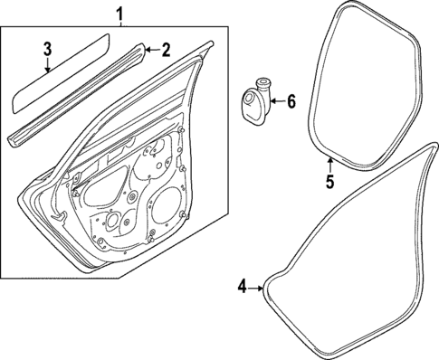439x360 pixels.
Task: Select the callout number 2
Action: click(x=166, y=51)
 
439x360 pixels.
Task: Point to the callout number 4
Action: click(x=243, y=287)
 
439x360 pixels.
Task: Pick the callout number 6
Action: click(x=291, y=102)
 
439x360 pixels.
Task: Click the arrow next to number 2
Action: click(x=150, y=51)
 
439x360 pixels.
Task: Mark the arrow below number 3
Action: click(x=49, y=65)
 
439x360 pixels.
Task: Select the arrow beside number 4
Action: click(x=257, y=288)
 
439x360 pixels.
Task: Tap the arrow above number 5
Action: click(x=330, y=165)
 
